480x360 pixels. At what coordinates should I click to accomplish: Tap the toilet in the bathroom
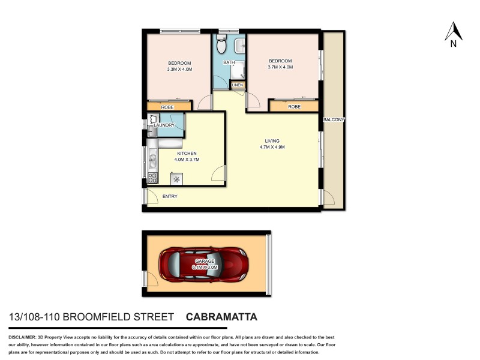[221, 45]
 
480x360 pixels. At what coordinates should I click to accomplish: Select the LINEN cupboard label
[238, 85]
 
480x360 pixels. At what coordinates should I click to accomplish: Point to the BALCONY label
[334, 120]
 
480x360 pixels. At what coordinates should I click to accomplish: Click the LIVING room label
[272, 141]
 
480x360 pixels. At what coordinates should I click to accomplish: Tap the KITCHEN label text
[187, 154]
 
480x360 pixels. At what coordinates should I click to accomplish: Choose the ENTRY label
[169, 196]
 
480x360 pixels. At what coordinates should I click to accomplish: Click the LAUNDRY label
[164, 125]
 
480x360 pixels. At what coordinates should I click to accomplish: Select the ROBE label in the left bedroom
[167, 107]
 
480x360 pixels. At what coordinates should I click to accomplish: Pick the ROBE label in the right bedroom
[294, 107]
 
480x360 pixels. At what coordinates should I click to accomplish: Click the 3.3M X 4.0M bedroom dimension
[179, 70]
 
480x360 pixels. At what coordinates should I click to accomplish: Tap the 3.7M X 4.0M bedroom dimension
[280, 67]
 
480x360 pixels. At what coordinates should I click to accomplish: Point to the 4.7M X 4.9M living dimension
[272, 148]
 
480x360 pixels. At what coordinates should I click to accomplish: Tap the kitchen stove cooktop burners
[152, 178]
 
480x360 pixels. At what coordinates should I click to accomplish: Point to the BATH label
[229, 62]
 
